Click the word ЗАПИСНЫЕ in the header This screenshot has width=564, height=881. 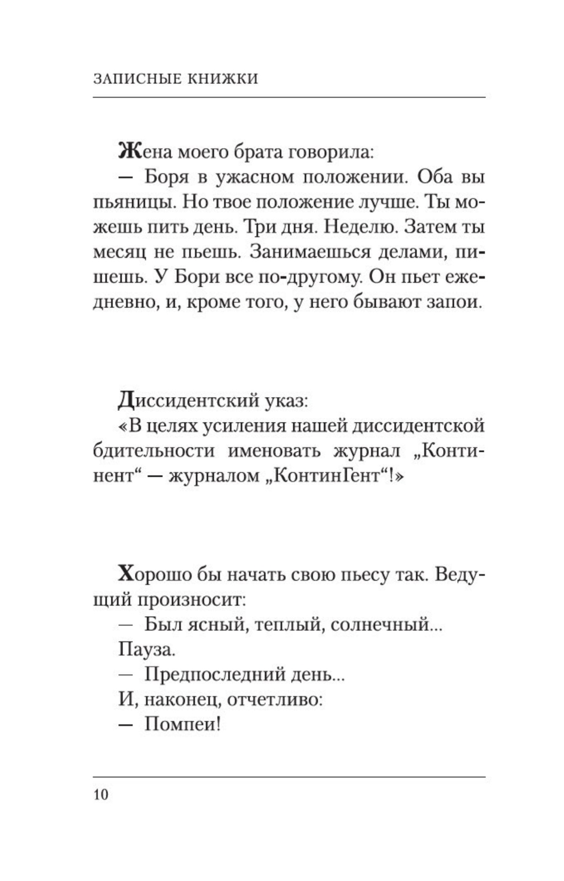click(134, 79)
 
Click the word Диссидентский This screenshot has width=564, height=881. click(191, 401)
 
